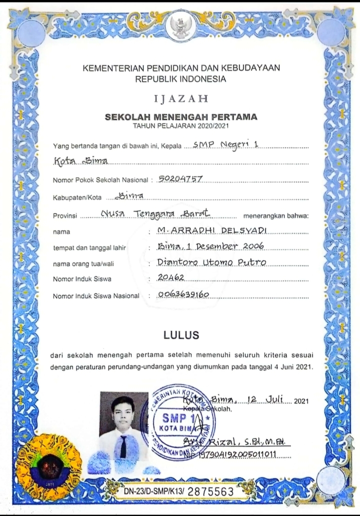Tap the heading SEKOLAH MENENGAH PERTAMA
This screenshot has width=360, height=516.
point(181,117)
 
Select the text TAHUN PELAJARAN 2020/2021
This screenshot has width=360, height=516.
point(181,125)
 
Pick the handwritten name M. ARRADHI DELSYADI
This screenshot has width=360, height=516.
point(211,230)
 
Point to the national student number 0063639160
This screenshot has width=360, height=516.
point(182,294)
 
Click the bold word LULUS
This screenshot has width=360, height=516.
point(181,334)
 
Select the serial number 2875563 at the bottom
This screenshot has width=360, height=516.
point(210,491)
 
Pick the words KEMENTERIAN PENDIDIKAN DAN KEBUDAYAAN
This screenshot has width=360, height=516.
point(181,68)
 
